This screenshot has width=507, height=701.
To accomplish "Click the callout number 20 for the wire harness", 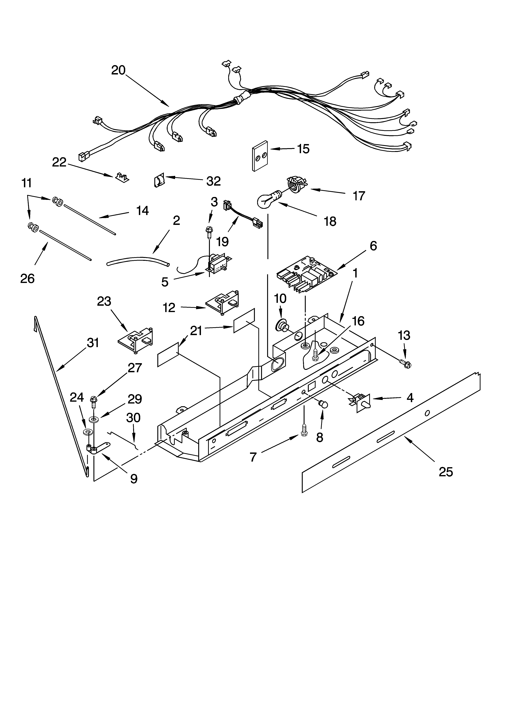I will (118, 71).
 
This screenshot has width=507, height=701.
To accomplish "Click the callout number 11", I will (27, 183).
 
